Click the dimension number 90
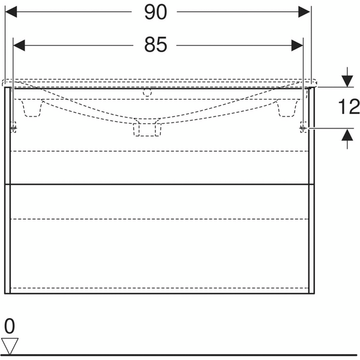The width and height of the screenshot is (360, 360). tap(155, 13)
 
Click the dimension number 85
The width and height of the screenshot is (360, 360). tap(155, 44)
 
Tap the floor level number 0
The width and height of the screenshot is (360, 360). tap(9, 327)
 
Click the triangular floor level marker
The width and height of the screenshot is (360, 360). tap(10, 346)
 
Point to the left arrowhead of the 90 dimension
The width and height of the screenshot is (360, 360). tap(11, 13)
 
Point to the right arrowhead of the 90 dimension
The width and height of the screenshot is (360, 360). tap(306, 13)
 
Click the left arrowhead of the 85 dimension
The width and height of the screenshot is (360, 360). tap(19, 44)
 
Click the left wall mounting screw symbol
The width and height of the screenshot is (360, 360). tap(13, 127)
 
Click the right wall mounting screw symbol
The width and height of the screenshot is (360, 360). tap(304, 127)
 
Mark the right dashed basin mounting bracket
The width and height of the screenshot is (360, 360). tap(287, 109)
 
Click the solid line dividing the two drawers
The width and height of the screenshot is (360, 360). tap(158, 184)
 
